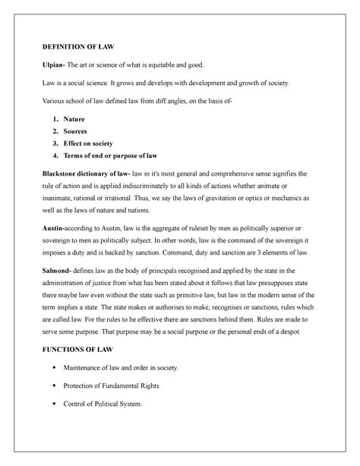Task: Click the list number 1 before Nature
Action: point(68,120)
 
